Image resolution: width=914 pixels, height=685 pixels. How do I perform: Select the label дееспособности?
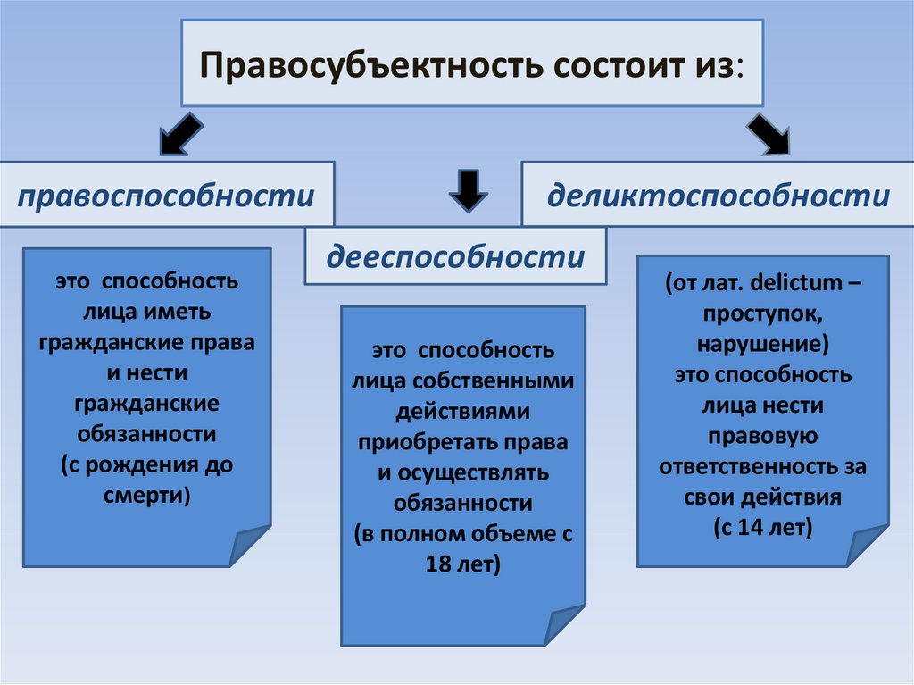455,257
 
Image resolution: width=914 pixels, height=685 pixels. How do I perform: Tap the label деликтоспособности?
719,196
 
